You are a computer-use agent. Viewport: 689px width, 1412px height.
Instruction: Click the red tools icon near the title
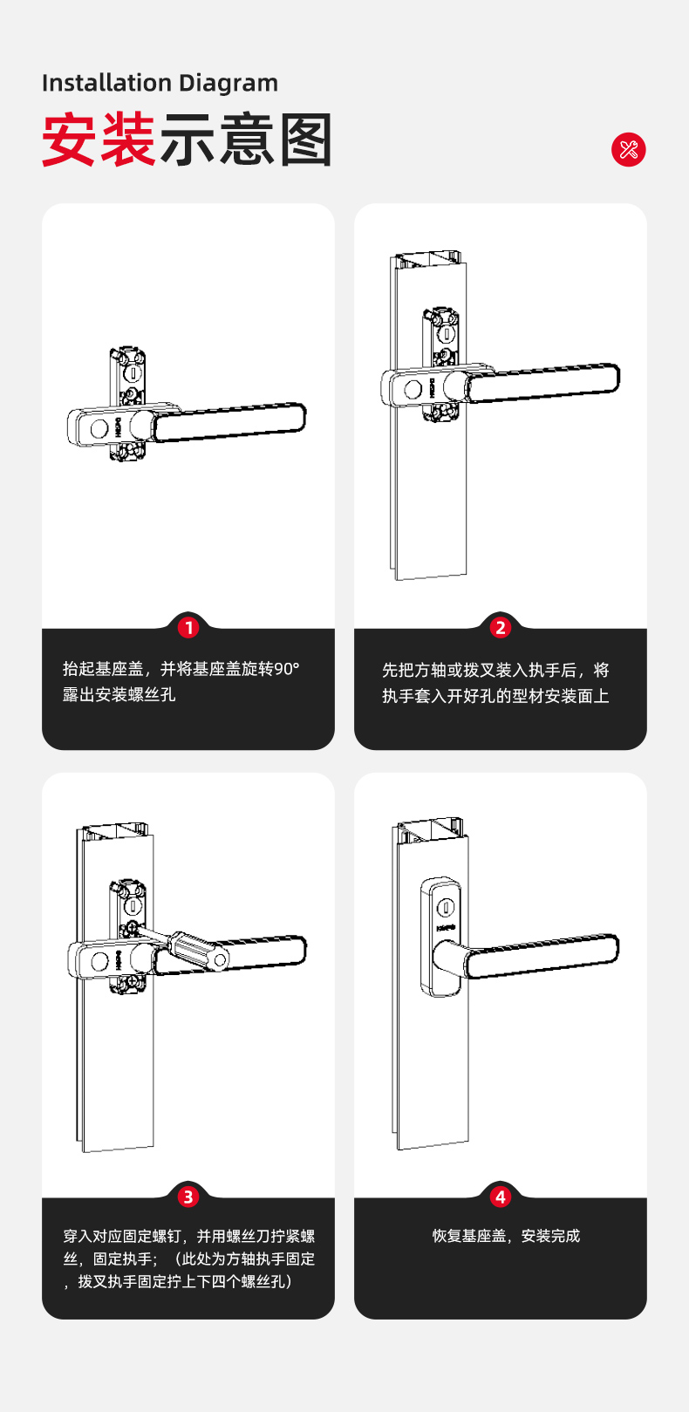tap(629, 150)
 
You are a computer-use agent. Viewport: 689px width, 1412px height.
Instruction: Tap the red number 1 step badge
tap(188, 628)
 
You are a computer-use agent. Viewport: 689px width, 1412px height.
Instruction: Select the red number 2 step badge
tap(501, 628)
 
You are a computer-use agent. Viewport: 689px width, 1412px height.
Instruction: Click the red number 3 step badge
tap(188, 1197)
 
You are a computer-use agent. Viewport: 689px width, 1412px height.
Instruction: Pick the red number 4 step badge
tap(501, 1197)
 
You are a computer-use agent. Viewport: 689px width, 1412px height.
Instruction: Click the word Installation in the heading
tap(106, 83)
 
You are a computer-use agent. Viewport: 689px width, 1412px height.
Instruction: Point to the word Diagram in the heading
tap(229, 84)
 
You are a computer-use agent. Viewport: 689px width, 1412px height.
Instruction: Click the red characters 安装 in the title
tap(99, 140)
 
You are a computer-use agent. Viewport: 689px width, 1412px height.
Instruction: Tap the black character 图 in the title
tap(305, 140)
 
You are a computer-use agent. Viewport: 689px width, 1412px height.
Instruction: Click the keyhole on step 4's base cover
tap(446, 908)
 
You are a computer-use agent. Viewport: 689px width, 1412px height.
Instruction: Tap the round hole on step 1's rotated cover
tap(99, 430)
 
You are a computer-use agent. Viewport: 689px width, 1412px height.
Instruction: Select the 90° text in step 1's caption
tap(287, 669)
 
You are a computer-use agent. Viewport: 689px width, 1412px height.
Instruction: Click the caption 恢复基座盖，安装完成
tap(506, 1236)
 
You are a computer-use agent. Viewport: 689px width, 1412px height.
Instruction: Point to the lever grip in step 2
tap(543, 382)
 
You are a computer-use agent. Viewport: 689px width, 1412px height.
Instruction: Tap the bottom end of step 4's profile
tap(433, 1145)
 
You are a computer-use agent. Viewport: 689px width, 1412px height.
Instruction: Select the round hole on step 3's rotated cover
tap(99, 961)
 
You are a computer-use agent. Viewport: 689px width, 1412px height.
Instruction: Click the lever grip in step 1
tap(230, 421)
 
